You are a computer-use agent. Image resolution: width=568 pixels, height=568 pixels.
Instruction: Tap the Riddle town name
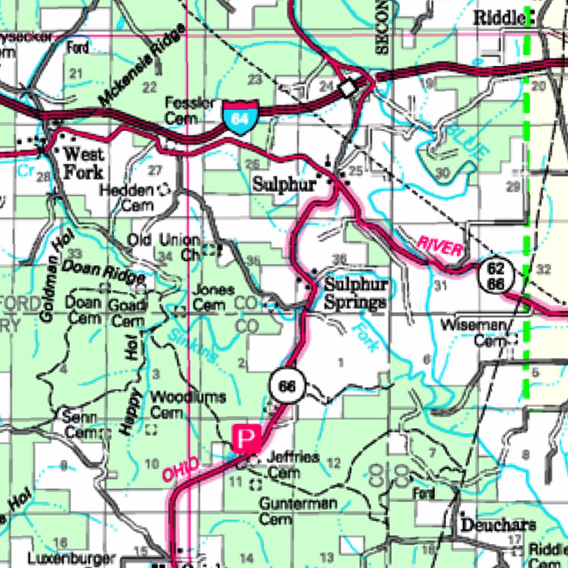coord(499,18)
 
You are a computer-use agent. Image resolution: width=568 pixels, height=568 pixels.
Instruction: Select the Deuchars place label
coord(498,525)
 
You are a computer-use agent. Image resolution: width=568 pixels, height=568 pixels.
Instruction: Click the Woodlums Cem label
coord(187,404)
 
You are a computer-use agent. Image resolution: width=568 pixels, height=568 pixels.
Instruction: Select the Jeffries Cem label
coord(292,465)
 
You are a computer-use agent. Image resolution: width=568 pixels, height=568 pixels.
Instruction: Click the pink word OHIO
coord(180,469)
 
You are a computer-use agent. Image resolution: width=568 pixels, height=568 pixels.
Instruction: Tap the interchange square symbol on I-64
coord(348,88)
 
